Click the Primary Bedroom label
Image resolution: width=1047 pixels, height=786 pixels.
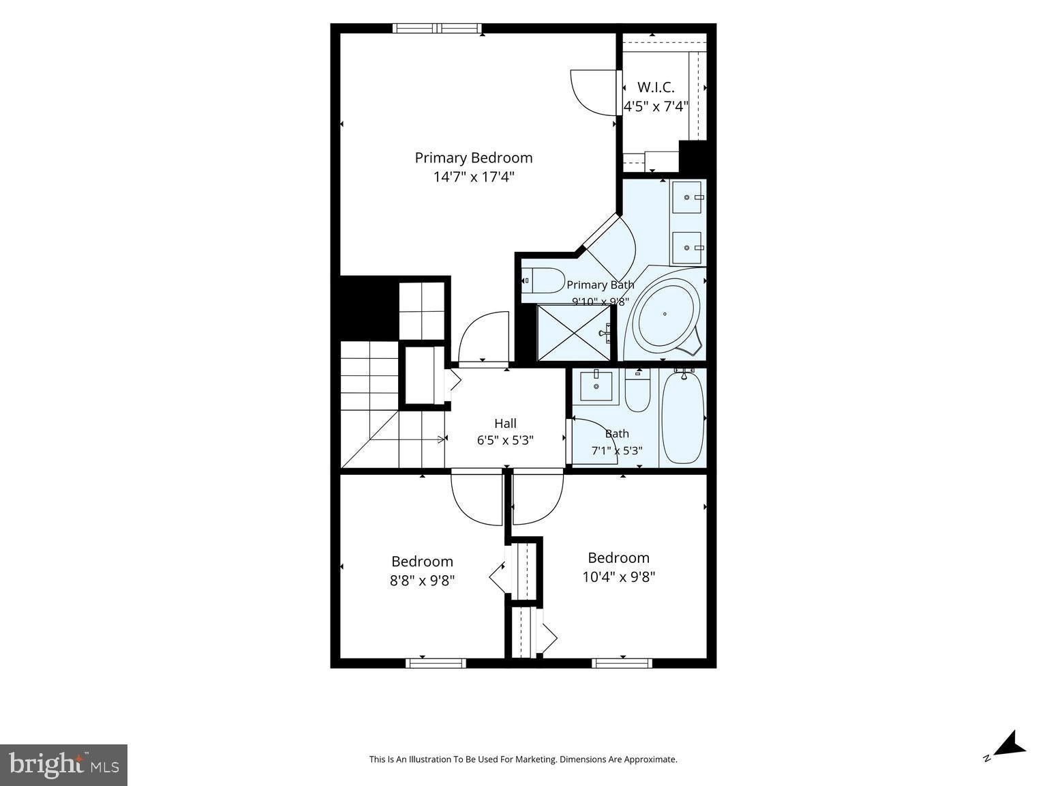click(x=473, y=158)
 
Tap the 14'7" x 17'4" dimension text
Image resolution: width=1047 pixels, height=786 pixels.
click(x=473, y=177)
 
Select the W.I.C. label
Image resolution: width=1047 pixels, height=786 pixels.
click(x=656, y=87)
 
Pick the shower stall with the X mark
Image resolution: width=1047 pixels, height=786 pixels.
click(x=574, y=333)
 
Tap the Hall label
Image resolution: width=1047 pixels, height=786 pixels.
click(x=505, y=423)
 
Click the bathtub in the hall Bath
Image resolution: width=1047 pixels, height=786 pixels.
click(x=682, y=418)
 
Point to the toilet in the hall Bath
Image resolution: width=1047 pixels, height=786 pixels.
click(x=638, y=392)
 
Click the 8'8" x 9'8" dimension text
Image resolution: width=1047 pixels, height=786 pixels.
click(x=422, y=581)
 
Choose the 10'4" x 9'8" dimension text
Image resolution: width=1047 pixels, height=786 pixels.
click(x=619, y=577)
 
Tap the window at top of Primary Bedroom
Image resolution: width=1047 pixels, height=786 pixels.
click(x=437, y=28)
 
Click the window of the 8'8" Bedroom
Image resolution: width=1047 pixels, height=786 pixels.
click(x=436, y=663)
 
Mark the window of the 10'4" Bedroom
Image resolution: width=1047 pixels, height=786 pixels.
click(x=622, y=663)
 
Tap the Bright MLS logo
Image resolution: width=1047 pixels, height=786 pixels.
click(x=63, y=765)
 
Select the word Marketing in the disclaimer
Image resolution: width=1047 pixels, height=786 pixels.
click(x=536, y=759)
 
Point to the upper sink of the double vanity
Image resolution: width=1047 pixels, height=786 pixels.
click(x=687, y=196)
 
